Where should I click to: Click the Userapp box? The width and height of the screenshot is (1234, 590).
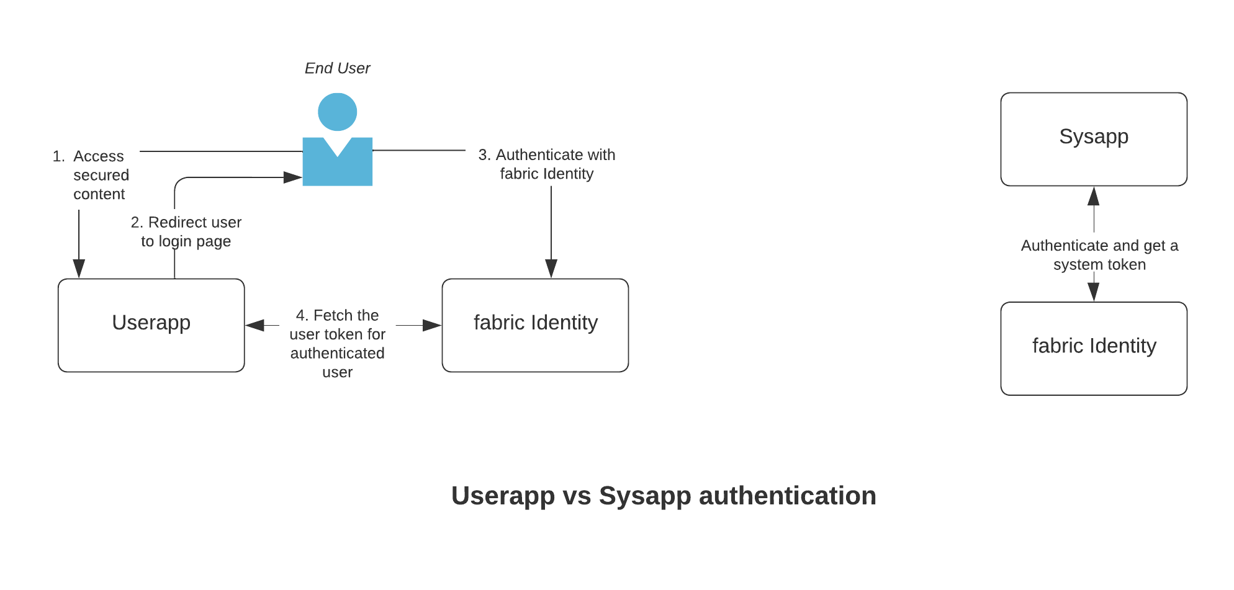point(151,325)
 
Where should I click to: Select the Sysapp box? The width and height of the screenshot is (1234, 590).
point(1093,139)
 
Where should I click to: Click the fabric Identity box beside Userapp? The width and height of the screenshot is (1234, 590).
point(535,325)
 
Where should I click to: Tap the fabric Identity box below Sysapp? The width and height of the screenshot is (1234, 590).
point(1093,348)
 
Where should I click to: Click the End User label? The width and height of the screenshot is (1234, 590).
point(337,68)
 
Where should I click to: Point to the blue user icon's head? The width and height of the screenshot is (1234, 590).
point(337,112)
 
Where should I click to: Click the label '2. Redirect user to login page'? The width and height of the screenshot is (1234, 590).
point(186,231)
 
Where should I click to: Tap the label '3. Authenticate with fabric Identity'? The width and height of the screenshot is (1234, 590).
point(546,164)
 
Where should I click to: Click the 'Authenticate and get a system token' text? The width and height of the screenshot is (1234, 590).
point(1099,254)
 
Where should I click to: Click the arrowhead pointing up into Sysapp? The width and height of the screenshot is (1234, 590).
point(1093,196)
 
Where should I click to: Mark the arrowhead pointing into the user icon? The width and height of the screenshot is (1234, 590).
point(292,177)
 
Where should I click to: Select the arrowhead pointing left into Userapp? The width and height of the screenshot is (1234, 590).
point(255,325)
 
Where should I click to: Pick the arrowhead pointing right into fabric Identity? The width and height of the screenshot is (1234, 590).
point(431,325)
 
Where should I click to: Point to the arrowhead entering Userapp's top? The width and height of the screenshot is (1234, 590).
point(79,268)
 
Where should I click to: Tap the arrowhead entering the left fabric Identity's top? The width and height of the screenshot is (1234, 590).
point(551,268)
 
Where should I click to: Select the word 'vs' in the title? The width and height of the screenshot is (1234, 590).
point(577,496)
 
